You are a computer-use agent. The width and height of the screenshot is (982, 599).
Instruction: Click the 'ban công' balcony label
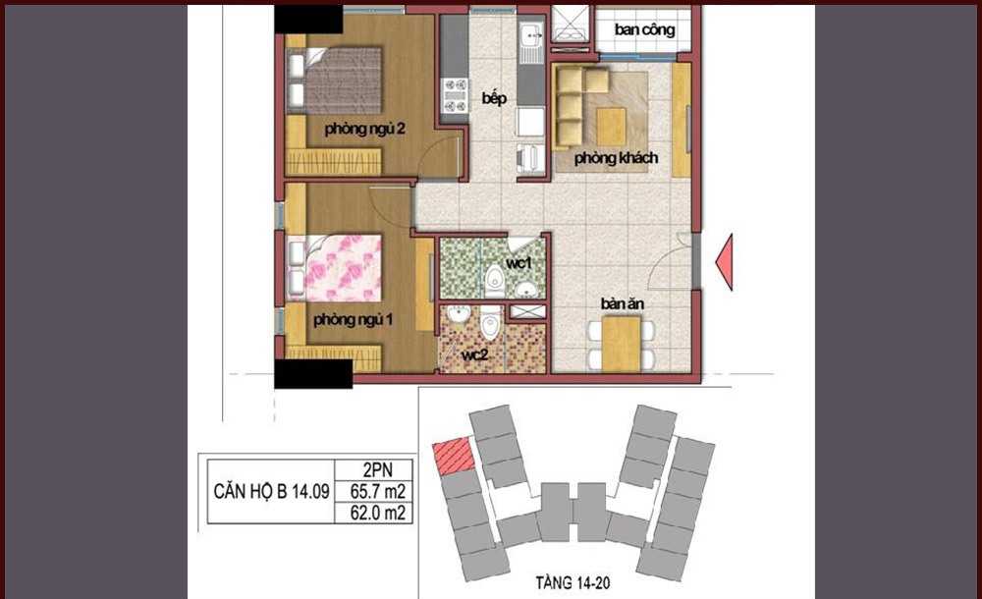click(x=644, y=30)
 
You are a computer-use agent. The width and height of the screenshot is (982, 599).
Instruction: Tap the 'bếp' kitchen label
click(x=494, y=98)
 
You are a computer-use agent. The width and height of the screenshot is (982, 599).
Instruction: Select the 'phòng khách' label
click(x=617, y=158)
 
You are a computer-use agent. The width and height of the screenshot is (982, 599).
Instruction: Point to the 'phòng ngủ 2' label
click(x=364, y=129)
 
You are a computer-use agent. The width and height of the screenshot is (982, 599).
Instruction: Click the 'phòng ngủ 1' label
click(x=353, y=319)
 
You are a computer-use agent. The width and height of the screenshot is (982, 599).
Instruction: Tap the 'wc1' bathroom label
click(x=518, y=263)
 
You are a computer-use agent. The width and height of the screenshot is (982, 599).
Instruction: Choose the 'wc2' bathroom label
click(x=474, y=354)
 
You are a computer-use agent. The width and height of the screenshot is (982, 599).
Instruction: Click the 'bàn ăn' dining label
click(x=623, y=303)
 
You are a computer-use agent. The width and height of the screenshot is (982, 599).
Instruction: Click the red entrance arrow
click(x=725, y=262)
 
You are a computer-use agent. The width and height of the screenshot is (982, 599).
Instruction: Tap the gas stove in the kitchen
click(x=455, y=95)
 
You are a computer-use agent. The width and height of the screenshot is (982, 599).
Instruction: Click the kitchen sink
click(x=532, y=42)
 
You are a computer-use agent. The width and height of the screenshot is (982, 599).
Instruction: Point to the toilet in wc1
click(x=495, y=281)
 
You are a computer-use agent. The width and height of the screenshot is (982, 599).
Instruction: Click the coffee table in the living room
click(x=611, y=127)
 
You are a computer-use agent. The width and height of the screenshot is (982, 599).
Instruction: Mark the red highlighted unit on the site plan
click(x=452, y=456)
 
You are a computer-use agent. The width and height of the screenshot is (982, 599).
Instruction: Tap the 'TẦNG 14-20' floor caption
click(x=573, y=582)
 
